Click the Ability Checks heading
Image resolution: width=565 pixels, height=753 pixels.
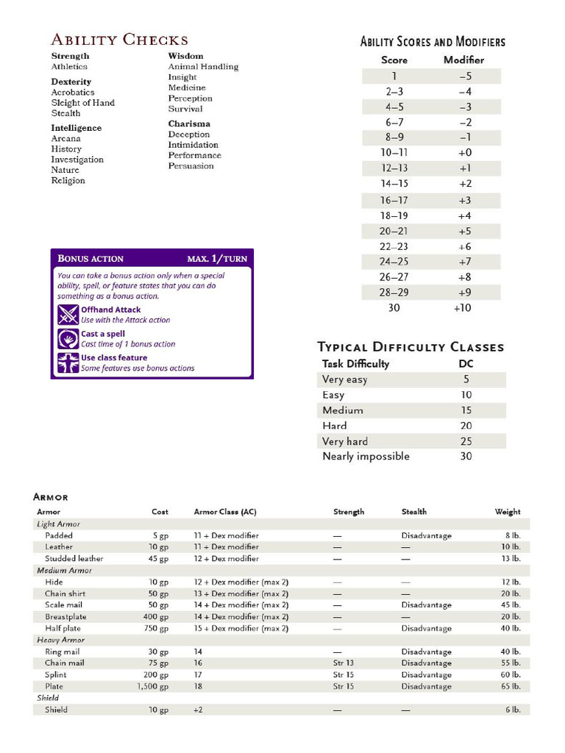119,40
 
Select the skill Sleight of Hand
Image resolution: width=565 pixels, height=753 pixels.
82,103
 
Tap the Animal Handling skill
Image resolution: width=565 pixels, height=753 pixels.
203,66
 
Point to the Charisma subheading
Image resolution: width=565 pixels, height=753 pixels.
189,124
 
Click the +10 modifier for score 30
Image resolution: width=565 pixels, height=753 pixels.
463,308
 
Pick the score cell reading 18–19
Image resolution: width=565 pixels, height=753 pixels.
394,215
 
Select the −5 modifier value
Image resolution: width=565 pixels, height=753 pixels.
464,76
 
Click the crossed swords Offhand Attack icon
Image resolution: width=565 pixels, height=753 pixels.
68,315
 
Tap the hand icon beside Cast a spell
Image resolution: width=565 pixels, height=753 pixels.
68,339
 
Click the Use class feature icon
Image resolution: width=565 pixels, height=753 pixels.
68,363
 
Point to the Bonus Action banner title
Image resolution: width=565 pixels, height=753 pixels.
90,259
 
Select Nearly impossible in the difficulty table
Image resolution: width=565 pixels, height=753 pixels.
366,457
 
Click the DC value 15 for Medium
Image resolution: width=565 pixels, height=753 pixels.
466,410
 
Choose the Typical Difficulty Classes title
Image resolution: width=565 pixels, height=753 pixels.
411,346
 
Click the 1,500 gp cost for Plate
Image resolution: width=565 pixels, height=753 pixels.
152,687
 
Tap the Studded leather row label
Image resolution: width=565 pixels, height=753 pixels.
74,559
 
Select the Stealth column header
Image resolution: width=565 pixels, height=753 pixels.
413,512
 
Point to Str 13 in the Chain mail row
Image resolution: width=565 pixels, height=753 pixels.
344,663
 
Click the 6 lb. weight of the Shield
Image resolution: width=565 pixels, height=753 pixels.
512,710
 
